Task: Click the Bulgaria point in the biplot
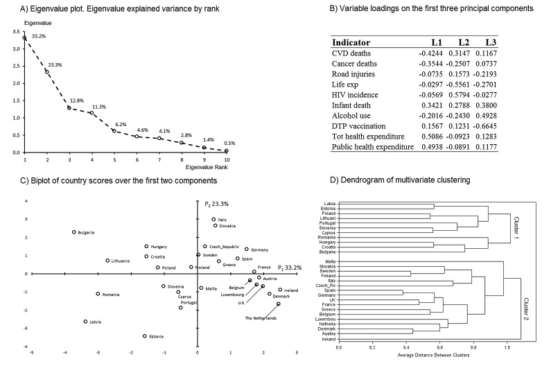click(x=73, y=232)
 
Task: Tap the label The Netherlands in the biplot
click(x=261, y=318)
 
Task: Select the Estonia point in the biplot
click(x=145, y=335)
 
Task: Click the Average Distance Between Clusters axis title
click(x=423, y=357)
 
